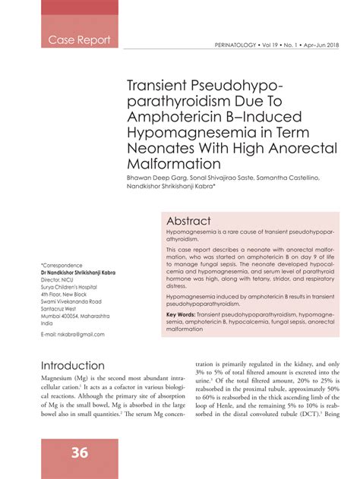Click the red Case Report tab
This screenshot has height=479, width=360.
coord(79,39)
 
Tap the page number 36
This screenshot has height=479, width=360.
coord(80,452)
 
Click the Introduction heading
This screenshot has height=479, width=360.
coord(73,365)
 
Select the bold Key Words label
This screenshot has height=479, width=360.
coord(181,314)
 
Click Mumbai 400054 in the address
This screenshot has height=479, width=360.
coord(59,315)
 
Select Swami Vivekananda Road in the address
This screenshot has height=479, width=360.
coord(76,301)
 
